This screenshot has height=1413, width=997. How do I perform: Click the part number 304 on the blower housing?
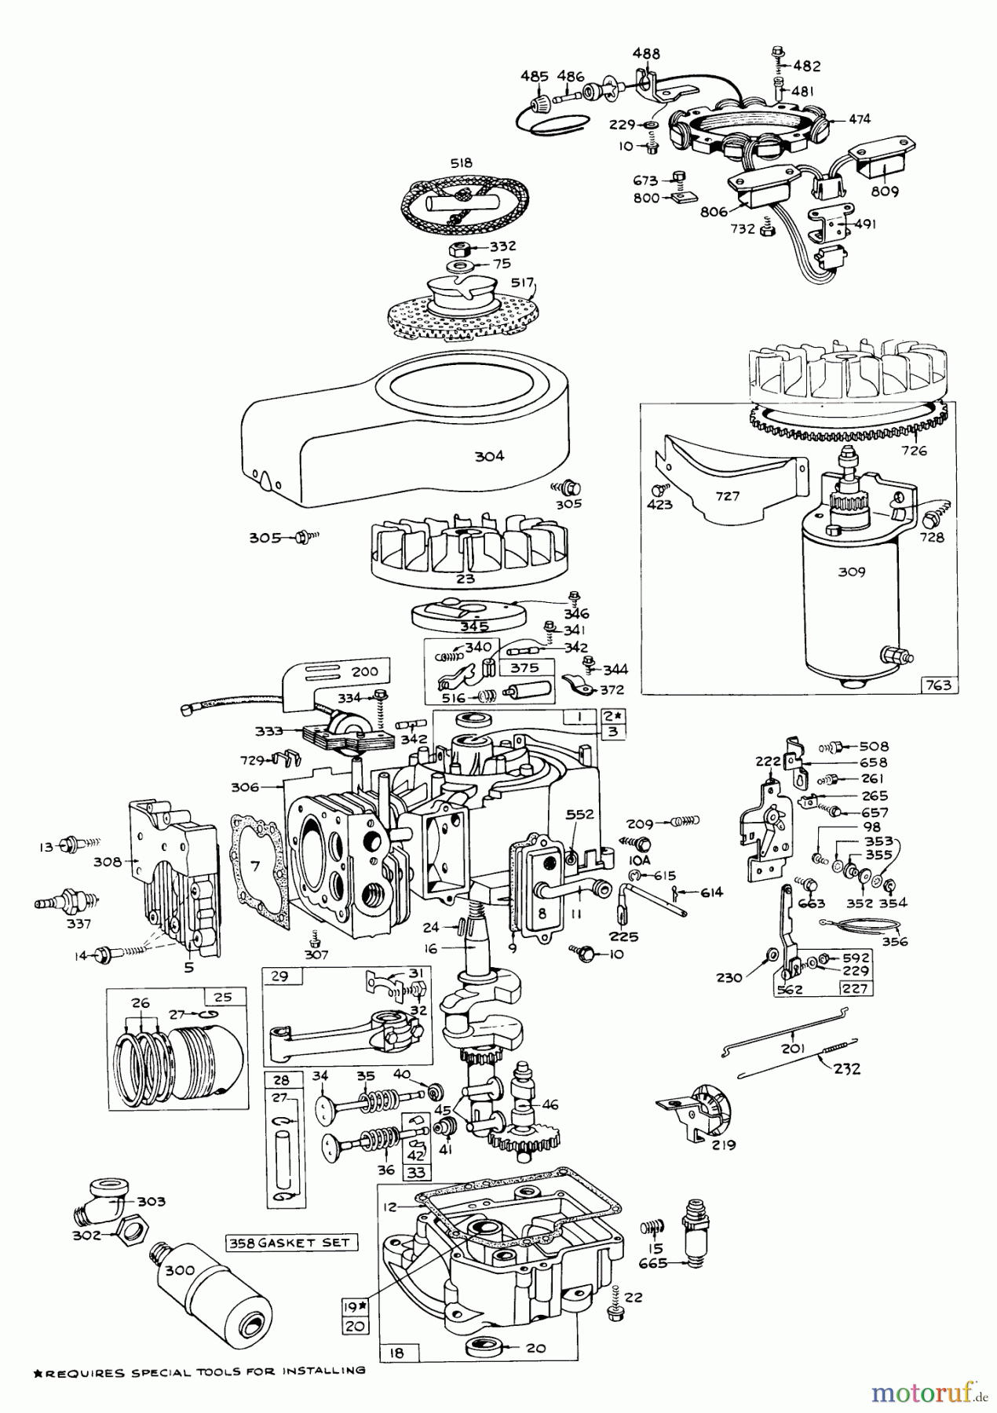[489, 455]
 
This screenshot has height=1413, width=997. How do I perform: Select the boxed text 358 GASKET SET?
[291, 1243]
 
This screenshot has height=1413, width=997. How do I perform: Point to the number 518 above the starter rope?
[462, 162]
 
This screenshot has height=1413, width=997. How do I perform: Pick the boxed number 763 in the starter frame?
[938, 685]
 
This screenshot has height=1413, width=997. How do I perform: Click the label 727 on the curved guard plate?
[728, 496]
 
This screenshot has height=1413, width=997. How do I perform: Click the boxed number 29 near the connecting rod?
[279, 977]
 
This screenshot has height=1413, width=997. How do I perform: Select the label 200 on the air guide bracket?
[365, 671]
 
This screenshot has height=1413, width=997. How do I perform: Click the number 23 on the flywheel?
[466, 579]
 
